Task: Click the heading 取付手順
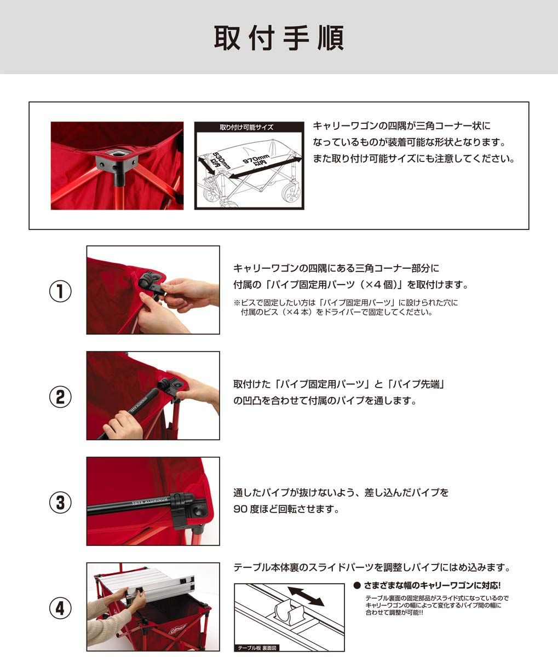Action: pyautogui.click(x=279, y=38)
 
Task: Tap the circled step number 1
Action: pyautogui.click(x=60, y=291)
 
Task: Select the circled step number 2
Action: pyautogui.click(x=60, y=396)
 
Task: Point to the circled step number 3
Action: pyautogui.click(x=60, y=502)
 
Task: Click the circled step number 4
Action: pyautogui.click(x=60, y=608)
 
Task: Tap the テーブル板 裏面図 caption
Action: pyautogui.click(x=257, y=647)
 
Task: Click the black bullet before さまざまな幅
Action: pyautogui.click(x=357, y=585)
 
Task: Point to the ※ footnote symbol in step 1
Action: pyautogui.click(x=237, y=302)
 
